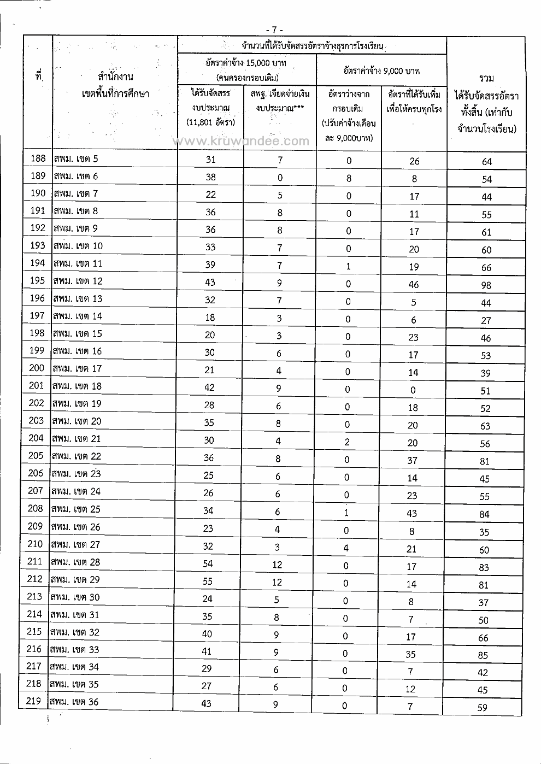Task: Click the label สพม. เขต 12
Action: tap(78, 281)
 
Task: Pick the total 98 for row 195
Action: tap(486, 285)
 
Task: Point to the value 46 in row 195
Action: tap(414, 284)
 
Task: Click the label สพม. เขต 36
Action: tap(74, 702)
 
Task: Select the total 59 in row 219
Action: tap(482, 708)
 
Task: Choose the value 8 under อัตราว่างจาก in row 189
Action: tap(349, 178)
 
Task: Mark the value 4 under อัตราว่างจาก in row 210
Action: tap(346, 548)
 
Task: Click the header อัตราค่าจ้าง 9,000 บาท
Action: tap(381, 70)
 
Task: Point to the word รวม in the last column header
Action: tap(486, 79)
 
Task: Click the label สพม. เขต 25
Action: tap(76, 509)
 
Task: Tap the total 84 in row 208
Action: tap(484, 514)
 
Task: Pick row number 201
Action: tap(36, 386)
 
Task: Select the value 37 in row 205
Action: tap(413, 460)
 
